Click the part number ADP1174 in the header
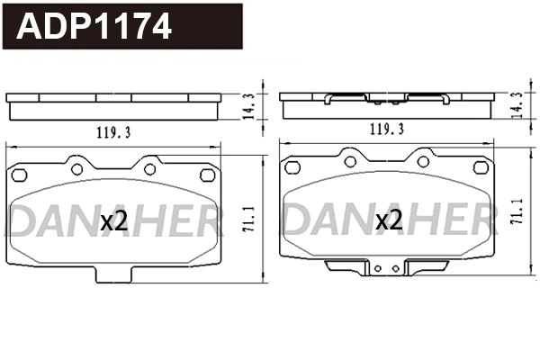94,27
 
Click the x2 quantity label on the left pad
114,220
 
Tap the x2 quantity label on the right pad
388,220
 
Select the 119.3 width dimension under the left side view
113,132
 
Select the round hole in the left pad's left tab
76,168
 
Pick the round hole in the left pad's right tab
149,168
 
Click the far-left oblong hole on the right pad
291,167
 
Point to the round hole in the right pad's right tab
422,161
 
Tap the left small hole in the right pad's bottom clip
378,268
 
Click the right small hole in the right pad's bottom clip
392,268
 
